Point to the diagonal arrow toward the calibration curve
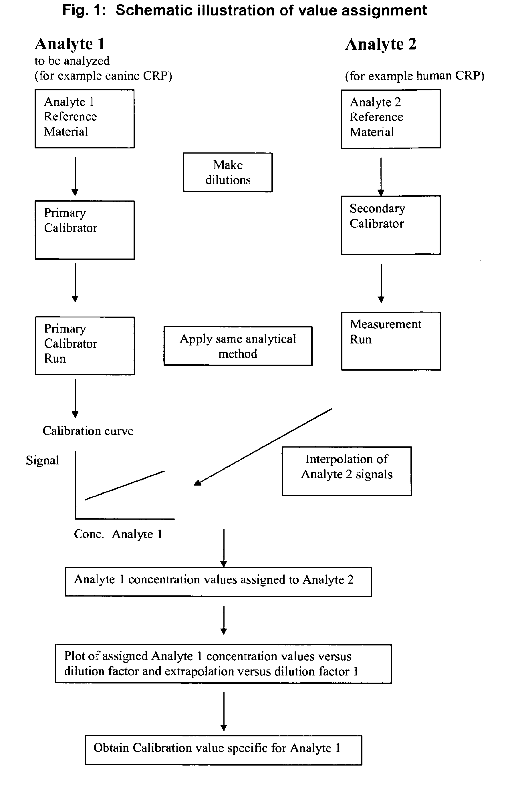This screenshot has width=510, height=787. [263, 447]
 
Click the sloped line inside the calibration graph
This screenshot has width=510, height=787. [125, 485]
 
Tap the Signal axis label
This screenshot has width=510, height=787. [43, 460]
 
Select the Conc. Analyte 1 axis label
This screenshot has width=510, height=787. [118, 534]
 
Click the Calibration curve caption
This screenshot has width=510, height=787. [88, 431]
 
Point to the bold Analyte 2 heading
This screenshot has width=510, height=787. [381, 44]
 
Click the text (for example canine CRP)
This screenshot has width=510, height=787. [104, 76]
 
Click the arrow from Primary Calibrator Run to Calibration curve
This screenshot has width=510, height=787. [76, 398]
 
